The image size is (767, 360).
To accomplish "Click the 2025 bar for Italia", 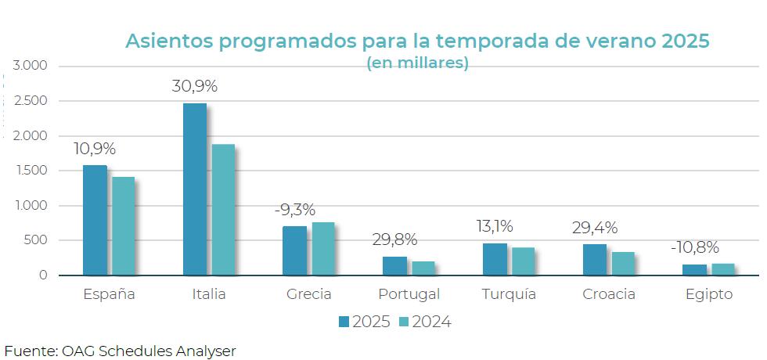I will tap(194, 189).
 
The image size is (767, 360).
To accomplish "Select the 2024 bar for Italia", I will tap(223, 210).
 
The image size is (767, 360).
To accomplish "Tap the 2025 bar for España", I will tap(95, 220).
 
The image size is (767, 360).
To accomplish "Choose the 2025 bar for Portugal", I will tap(394, 266).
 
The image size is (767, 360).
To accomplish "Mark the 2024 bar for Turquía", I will tap(523, 261).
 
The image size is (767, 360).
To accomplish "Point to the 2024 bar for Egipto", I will tap(723, 270).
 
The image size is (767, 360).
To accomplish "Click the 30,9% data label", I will tap(194, 87).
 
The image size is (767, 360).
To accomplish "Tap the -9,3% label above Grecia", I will tap(295, 210).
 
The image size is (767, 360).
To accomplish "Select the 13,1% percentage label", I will tap(495, 227).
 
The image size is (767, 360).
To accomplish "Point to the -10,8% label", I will tap(695, 247).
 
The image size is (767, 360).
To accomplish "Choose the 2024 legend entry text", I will tap(431, 322).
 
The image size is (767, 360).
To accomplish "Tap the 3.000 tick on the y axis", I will tap(31, 66).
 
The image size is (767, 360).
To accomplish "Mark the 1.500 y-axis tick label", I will tap(32, 171).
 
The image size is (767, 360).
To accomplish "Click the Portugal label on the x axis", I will tap(409, 295).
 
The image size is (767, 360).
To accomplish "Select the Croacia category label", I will tap(609, 295).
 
